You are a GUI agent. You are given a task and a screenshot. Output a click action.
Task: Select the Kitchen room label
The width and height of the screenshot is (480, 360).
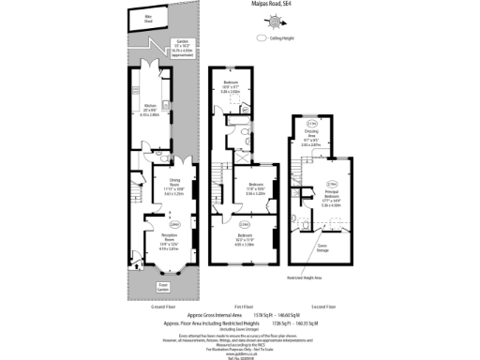point(150,108)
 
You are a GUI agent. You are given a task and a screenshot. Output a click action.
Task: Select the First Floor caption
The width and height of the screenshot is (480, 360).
point(244,306)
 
